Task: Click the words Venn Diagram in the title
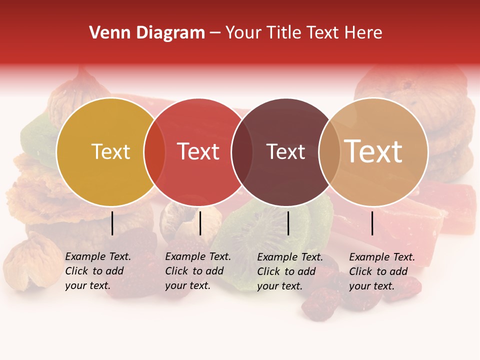147,33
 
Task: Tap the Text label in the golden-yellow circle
110,151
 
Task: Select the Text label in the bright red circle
198,151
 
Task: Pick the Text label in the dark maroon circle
285,151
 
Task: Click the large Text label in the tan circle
373,151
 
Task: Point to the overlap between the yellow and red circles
154,152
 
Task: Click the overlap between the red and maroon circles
242,152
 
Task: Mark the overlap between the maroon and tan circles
329,152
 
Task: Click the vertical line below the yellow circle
112,223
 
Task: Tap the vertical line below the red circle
200,223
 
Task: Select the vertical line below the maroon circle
288,223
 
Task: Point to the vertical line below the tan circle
372,223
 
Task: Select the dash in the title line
215,33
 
